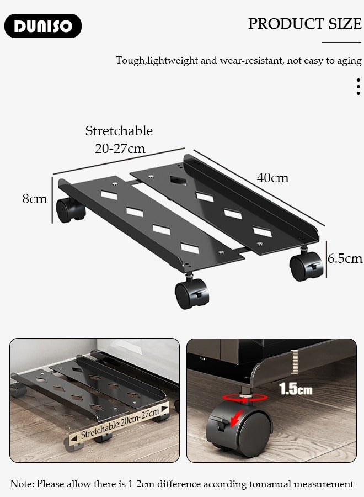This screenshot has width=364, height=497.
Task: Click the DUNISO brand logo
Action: coord(43,26)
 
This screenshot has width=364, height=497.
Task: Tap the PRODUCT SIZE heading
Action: coord(304,24)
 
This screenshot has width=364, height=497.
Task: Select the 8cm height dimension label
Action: coord(35,199)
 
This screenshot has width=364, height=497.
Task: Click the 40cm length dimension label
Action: coord(272,178)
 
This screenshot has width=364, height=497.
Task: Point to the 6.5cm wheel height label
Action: coord(345,258)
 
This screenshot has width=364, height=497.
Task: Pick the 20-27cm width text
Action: coord(120,149)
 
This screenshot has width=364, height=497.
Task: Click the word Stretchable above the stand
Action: coord(119,131)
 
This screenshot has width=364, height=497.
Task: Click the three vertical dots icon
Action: coord(358,87)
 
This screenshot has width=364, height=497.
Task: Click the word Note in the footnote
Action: coord(22,484)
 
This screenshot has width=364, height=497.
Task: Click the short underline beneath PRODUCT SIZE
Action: coord(341,42)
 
